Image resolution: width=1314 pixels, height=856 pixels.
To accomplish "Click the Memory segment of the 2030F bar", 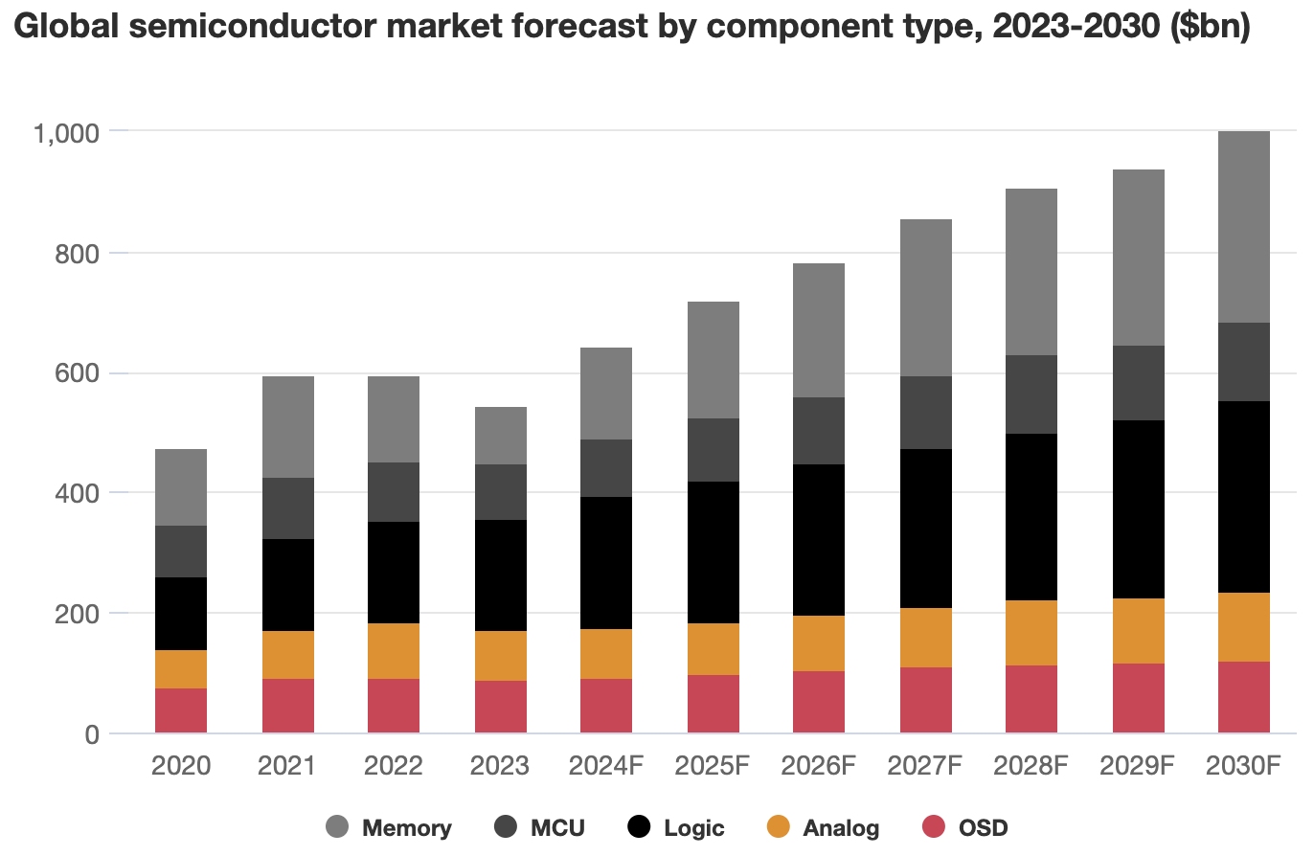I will [1243, 227].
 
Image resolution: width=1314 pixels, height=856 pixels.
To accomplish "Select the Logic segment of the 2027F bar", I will [925, 529].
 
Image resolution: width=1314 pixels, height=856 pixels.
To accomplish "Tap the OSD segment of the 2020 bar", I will [180, 710].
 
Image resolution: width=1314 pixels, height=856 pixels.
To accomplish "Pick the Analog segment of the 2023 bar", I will [500, 656].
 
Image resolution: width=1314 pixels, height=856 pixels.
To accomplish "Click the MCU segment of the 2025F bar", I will [713, 450].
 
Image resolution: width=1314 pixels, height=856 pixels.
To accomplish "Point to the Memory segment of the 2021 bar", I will [287, 427].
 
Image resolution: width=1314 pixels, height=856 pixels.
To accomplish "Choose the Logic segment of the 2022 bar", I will [394, 573].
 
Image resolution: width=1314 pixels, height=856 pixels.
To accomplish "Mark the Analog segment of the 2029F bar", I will [1138, 631].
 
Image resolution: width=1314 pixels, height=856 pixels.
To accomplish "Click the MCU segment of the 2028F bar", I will [1031, 394].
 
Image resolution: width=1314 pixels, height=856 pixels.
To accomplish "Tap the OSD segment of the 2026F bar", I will [819, 702].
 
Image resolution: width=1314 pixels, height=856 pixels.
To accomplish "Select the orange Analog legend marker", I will [780, 827].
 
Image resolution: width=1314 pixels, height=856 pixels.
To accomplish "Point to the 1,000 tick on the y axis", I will [66, 132].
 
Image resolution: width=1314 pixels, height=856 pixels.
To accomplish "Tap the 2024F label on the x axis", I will [606, 766].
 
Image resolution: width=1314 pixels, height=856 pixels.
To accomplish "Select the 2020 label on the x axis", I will [180, 766].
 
